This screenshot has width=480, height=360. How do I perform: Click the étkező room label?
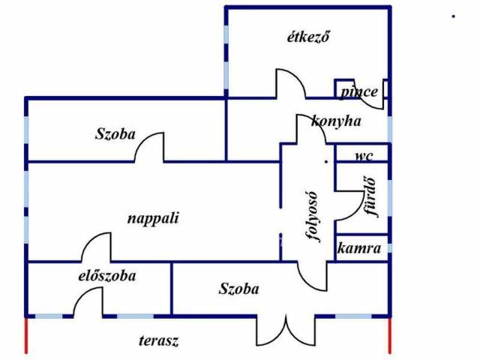tap(308, 36)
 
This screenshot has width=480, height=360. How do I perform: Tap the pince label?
tap(359, 92)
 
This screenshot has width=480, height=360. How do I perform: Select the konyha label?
tap(336, 121)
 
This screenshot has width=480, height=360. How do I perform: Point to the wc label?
tap(364, 156)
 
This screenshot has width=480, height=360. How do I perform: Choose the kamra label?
tap(359, 248)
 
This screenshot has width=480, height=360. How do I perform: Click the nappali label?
tap(153, 218)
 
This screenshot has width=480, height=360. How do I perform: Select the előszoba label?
tap(107, 276)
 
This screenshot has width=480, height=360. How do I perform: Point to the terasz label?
tap(158, 341)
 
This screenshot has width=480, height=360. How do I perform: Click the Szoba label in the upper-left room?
tap(115, 135)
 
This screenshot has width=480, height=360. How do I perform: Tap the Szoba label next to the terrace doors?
tap(239, 289)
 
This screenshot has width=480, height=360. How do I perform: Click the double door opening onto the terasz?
tap(286, 330)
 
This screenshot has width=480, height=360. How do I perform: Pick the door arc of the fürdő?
tap(347, 203)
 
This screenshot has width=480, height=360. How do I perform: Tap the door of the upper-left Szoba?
tap(149, 146)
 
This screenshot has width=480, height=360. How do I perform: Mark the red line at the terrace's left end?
tap(26, 334)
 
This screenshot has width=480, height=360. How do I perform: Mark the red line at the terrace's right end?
tap(390, 334)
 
